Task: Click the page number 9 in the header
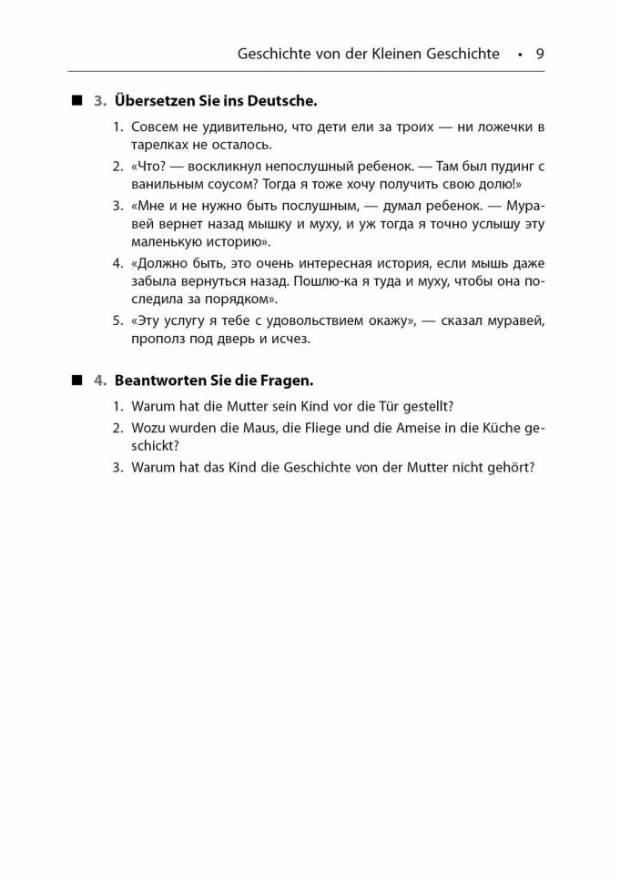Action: coord(540,53)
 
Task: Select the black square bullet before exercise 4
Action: coord(79,378)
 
